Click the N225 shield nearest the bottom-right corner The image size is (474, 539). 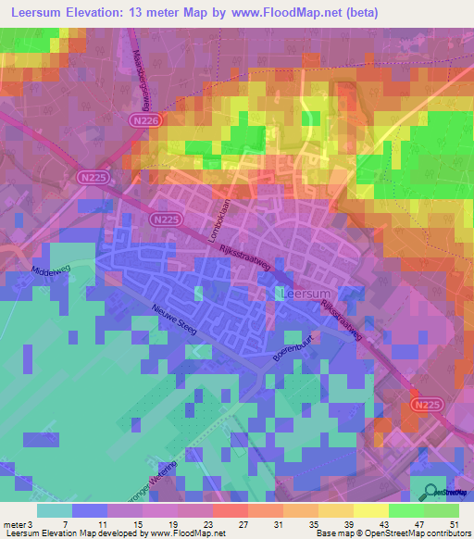(x=425, y=404)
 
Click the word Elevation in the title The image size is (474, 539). (x=110, y=12)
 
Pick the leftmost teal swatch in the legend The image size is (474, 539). (x=55, y=510)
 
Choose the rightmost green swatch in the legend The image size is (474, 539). (x=442, y=510)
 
